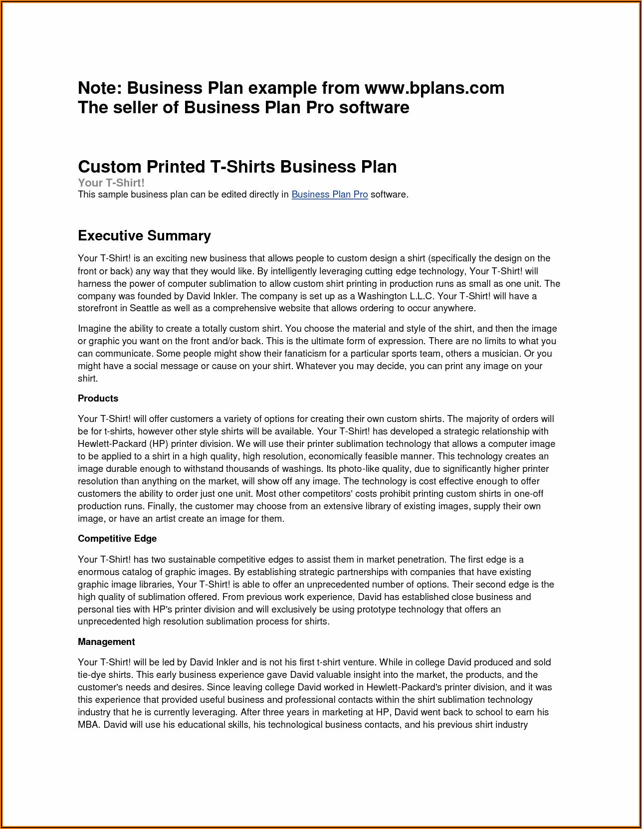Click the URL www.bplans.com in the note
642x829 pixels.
click(x=434, y=88)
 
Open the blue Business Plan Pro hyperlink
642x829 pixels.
click(x=329, y=195)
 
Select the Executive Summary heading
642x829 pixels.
click(x=144, y=235)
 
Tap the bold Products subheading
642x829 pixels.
click(x=98, y=398)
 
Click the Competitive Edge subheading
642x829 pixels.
click(x=117, y=538)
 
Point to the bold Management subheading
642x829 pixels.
click(x=106, y=641)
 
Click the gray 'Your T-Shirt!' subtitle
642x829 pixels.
click(x=111, y=183)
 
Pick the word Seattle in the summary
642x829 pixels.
click(x=144, y=308)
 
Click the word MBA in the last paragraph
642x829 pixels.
click(x=89, y=724)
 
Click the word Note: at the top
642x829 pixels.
click(x=99, y=88)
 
